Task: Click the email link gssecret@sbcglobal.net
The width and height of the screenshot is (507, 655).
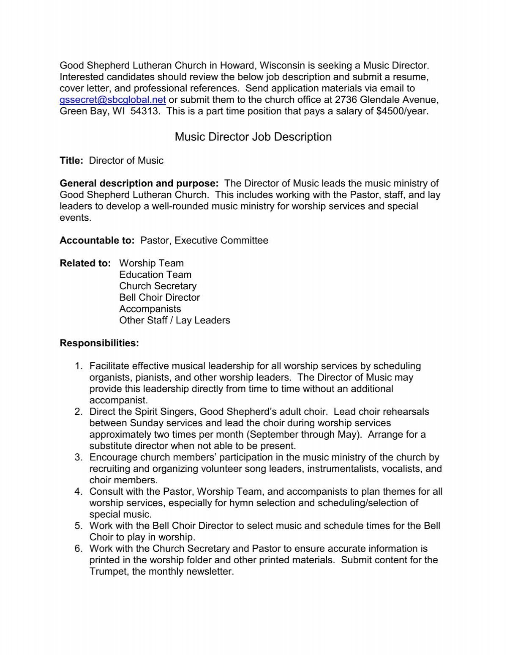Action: coord(113,100)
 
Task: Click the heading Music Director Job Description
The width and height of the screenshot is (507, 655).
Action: coord(253,137)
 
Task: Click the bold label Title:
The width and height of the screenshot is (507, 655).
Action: coord(72,161)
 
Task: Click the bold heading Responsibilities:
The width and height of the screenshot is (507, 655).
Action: coord(99,343)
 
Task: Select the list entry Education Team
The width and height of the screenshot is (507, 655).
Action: coord(155,275)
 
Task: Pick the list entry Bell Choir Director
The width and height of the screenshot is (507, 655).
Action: coord(159,298)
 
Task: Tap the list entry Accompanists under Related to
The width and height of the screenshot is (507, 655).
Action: coord(150,309)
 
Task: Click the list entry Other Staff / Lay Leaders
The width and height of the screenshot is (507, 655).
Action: coord(174,321)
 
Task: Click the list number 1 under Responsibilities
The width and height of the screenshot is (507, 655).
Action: coord(78,366)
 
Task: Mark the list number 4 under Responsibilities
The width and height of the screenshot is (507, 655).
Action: coord(78,492)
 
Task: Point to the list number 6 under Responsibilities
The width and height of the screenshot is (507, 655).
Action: coord(78,549)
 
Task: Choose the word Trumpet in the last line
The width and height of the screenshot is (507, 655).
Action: coord(106,572)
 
